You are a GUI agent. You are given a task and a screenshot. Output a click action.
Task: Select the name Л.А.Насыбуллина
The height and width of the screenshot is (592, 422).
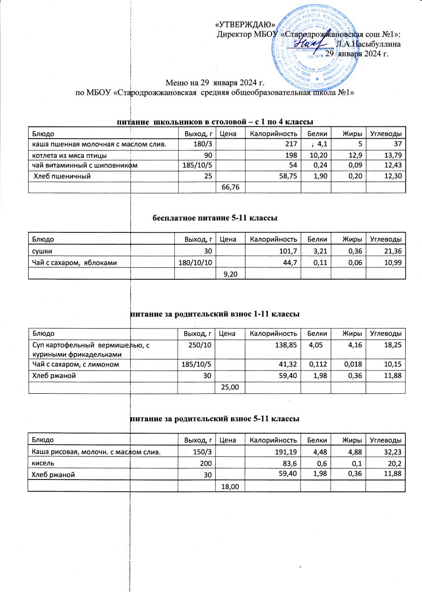tap(368, 43)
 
